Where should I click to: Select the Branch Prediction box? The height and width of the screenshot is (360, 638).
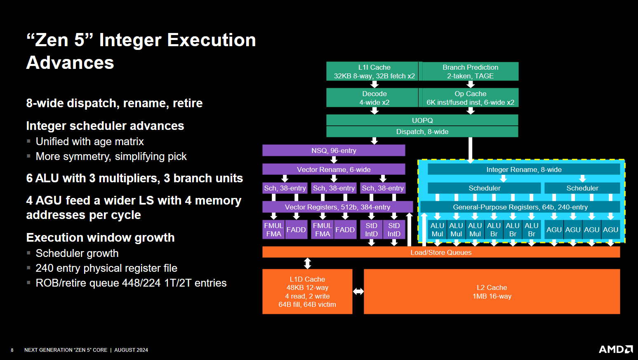470,71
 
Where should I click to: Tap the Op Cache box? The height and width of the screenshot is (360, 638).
470,98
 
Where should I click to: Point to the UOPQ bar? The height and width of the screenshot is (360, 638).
422,120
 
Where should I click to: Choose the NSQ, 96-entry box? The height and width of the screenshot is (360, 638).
334,151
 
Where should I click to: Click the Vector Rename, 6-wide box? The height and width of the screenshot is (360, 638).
334,169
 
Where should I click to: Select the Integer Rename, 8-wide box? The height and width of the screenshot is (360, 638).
524,169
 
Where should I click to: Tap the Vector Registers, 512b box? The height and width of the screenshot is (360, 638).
337,207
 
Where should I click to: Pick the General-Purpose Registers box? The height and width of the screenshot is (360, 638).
520,207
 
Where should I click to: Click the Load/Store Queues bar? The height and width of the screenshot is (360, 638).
441,252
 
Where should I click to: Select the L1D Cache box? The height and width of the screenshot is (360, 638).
307,292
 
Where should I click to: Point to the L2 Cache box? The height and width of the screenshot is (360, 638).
492,292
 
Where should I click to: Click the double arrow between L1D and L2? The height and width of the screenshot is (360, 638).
358,292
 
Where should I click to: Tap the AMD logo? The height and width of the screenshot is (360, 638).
615,349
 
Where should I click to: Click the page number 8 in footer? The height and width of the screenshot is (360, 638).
12,350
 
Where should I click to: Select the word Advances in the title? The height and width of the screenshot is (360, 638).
70,63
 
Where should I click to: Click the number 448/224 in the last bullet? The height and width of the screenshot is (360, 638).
139,283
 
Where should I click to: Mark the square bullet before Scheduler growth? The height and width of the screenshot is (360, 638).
28,253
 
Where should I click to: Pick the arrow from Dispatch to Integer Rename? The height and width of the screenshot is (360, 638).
470,149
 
